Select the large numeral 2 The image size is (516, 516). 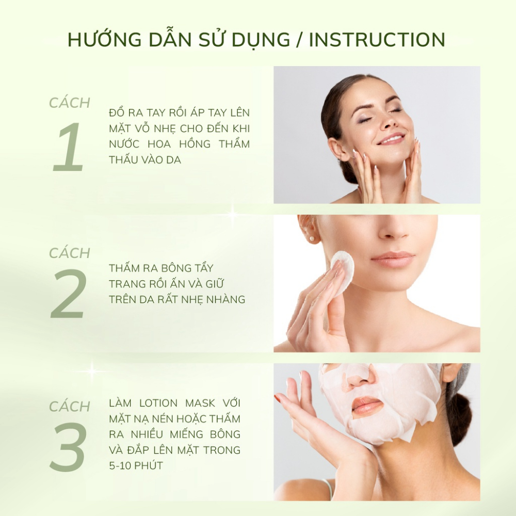coord(69,294)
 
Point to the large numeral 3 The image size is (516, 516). coord(68,446)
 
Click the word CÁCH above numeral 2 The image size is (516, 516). coord(70,252)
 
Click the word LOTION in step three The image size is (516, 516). coord(159,403)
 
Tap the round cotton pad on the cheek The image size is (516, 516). coord(342,272)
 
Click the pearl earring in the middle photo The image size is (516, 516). coord(312,238)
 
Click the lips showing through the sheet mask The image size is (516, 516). coord(368,405)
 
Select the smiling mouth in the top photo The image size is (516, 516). coord(391,139)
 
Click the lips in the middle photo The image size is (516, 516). coord(393,259)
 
